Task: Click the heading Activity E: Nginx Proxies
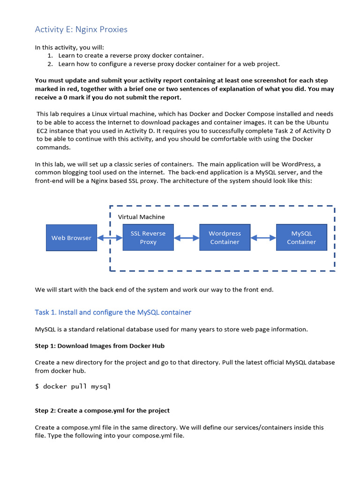(x=81, y=30)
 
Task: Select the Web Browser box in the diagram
(x=71, y=238)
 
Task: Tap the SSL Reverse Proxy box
(x=148, y=238)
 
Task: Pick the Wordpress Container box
(x=225, y=238)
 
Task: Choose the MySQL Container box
(x=301, y=238)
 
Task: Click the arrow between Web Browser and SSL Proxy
(x=110, y=238)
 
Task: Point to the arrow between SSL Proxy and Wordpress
(x=186, y=238)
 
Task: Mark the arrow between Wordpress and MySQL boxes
(x=263, y=238)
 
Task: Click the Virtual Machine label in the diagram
(x=141, y=217)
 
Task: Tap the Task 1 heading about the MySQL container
(x=113, y=312)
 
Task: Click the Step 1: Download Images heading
(x=99, y=346)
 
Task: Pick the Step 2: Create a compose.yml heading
(x=102, y=411)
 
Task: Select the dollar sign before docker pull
(x=37, y=387)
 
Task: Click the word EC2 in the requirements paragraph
(x=43, y=131)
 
